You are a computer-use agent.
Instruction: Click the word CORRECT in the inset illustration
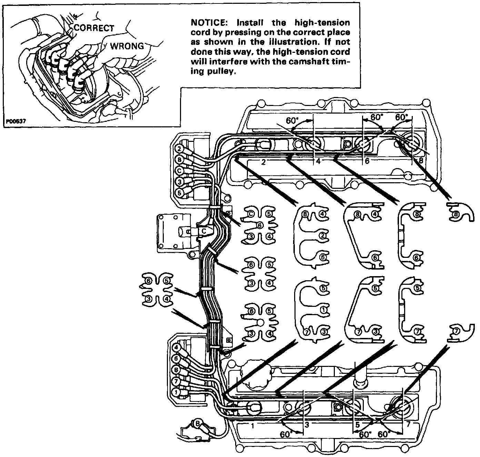coord(94,28)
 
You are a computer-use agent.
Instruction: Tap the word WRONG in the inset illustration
coord(127,46)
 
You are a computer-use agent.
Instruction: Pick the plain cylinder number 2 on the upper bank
coord(263,163)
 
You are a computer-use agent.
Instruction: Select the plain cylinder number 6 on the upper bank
coord(367,161)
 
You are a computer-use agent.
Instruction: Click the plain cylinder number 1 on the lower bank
coord(253,426)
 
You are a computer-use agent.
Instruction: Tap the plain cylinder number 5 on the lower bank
coord(358,425)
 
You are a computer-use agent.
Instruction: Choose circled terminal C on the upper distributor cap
coord(180,171)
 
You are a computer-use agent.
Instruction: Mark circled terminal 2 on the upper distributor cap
coord(180,149)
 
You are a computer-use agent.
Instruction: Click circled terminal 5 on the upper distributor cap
coord(180,193)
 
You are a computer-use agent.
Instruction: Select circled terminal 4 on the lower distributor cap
coord(176,348)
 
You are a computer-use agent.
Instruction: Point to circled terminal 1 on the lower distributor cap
coord(176,392)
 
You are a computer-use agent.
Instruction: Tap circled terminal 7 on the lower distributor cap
coord(176,381)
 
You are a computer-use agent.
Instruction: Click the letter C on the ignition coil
coord(204,231)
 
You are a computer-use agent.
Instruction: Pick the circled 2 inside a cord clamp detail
coord(323,236)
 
